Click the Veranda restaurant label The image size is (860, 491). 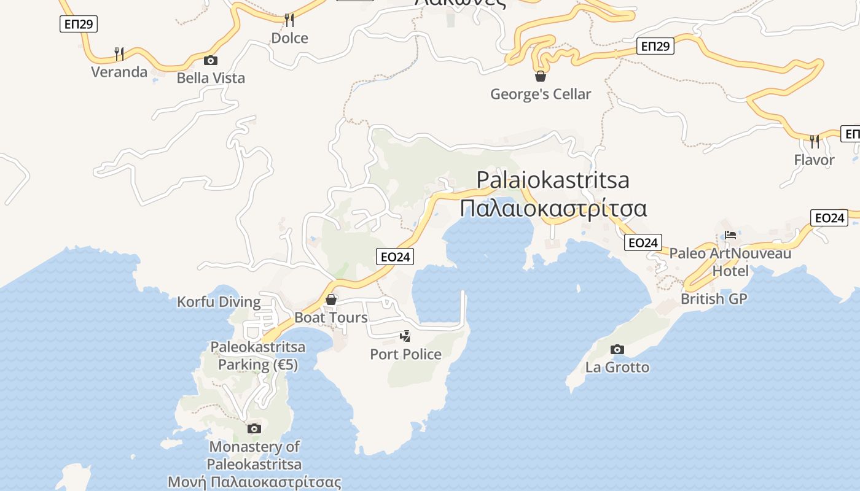(119, 72)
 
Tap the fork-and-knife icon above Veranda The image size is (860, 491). (119, 54)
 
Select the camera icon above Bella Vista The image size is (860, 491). (211, 60)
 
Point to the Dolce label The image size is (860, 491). (289, 38)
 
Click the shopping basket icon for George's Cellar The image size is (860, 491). (541, 76)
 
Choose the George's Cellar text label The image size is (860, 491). (541, 94)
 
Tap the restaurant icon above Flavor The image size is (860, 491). (815, 142)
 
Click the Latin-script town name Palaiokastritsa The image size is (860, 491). (553, 180)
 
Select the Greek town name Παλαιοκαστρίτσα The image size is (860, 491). (553, 209)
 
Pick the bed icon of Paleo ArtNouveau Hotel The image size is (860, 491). (730, 235)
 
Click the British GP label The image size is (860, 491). (714, 299)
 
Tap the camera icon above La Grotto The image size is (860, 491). (617, 350)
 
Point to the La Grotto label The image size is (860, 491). (617, 367)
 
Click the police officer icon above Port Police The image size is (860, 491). (405, 336)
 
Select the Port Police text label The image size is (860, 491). (405, 354)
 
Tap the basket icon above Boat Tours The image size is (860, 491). (331, 300)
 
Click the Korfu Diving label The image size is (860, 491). (219, 302)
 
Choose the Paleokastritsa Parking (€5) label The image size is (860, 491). (258, 356)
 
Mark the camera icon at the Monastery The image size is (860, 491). (254, 428)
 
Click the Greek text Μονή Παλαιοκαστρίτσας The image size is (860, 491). (254, 482)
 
